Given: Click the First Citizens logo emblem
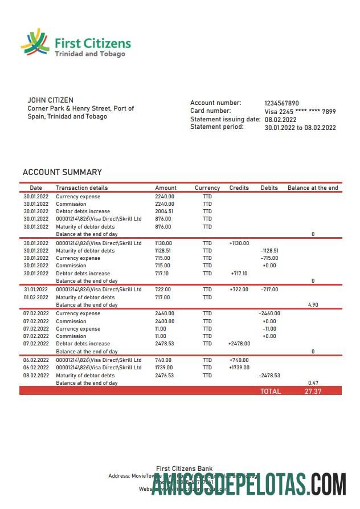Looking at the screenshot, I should (x=35, y=43).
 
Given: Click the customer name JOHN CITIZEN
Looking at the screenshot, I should (x=51, y=100).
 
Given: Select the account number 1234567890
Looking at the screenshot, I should (x=281, y=103).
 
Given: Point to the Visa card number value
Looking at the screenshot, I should (x=300, y=112).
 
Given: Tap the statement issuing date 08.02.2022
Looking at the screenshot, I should (x=281, y=120).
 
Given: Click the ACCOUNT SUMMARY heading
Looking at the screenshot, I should (x=62, y=172).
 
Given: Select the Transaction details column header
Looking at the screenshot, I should (x=81, y=188).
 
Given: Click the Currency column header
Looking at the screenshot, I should (x=207, y=188).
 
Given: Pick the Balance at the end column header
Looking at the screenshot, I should (x=313, y=188).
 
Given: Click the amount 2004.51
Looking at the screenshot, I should (x=165, y=211).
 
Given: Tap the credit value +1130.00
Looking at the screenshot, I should (x=239, y=243).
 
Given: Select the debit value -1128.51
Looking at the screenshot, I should (x=269, y=251).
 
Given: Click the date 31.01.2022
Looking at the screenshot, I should (x=36, y=290).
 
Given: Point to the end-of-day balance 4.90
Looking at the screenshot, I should (x=313, y=305).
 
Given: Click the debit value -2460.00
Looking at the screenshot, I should (x=269, y=313).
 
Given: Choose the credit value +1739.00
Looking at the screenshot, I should (x=239, y=368).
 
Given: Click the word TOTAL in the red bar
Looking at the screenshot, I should (x=271, y=392).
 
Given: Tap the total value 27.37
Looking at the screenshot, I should (x=313, y=392).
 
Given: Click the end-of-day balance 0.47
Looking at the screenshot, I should (x=313, y=382).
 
